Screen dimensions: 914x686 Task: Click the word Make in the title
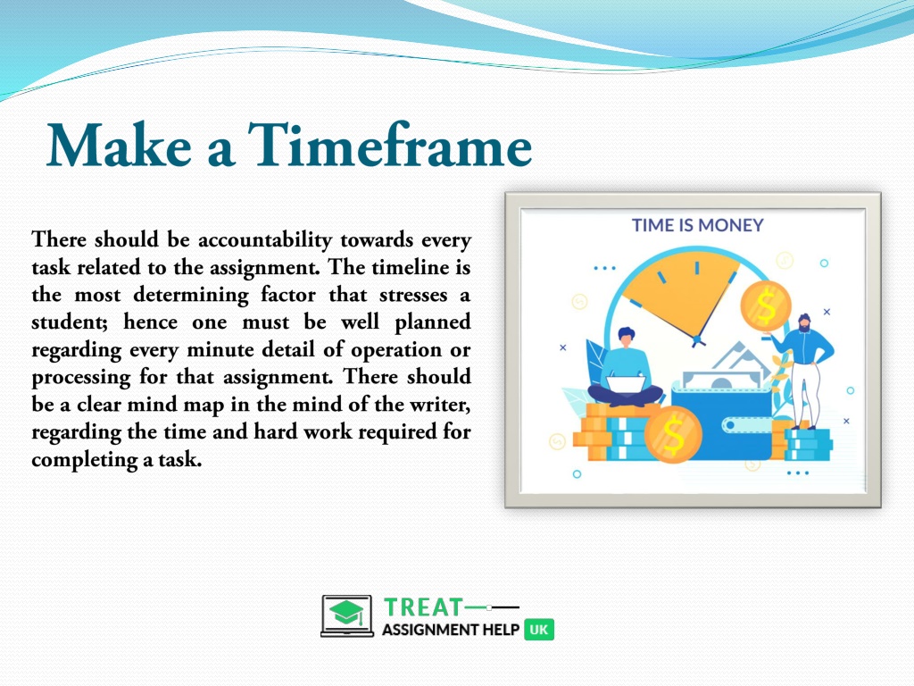click(119, 145)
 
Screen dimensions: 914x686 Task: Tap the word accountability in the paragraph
click(265, 239)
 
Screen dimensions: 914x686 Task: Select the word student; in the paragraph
click(70, 322)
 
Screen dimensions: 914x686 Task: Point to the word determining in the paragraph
click(191, 295)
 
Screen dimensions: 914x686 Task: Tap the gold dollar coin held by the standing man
click(765, 306)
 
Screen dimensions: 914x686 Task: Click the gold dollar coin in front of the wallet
click(673, 434)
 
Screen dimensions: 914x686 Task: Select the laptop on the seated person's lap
click(626, 384)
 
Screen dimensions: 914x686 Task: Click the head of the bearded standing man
click(804, 322)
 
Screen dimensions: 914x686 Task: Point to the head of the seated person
click(627, 337)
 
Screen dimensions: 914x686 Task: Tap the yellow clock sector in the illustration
click(682, 293)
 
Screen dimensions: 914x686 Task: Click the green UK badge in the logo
click(539, 630)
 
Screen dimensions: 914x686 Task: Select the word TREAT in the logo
click(424, 607)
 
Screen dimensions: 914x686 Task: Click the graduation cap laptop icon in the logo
click(347, 615)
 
